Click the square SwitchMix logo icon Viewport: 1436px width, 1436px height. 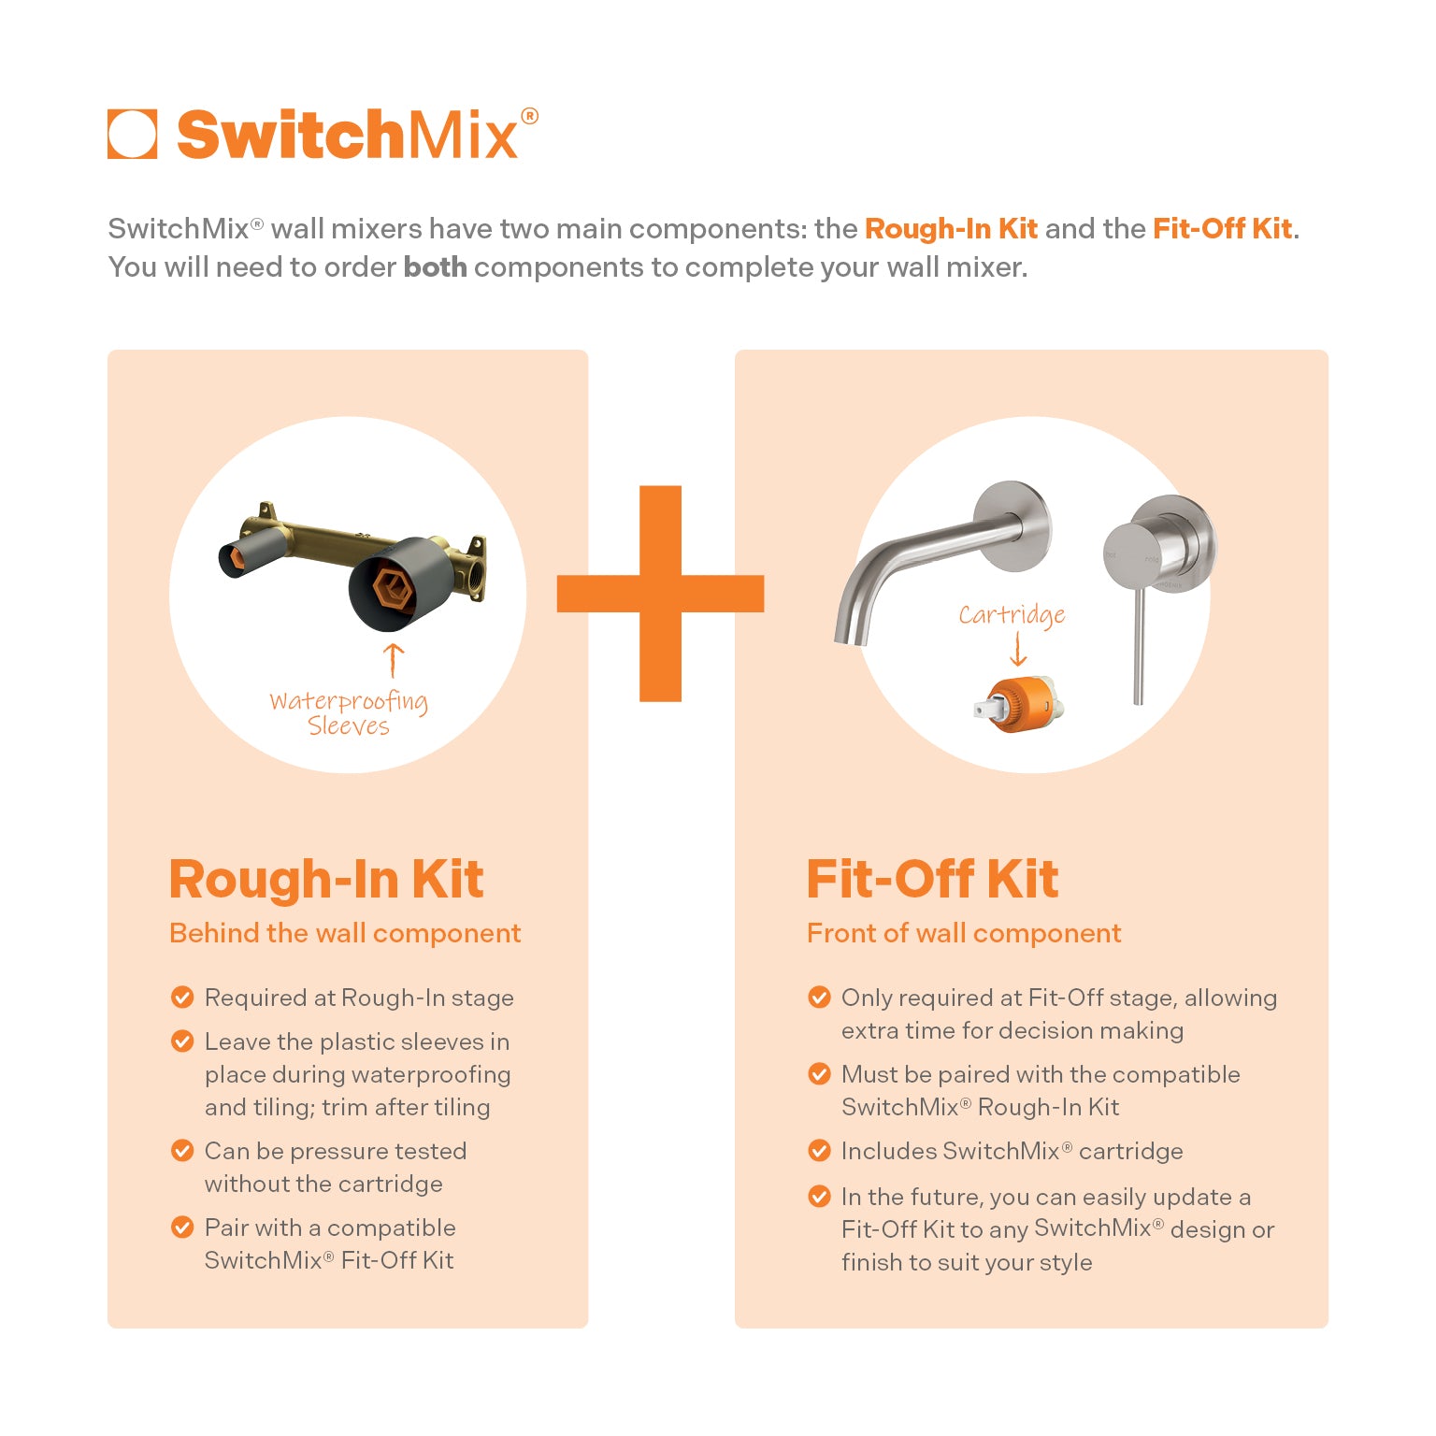132,135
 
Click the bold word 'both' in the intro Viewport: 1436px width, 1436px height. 435,267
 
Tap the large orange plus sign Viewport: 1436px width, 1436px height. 660,594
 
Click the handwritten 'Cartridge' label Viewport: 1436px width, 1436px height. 1012,615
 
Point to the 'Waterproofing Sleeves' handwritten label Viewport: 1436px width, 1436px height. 349,713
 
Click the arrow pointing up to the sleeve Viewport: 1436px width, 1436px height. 394,659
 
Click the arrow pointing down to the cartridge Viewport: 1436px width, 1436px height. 1018,649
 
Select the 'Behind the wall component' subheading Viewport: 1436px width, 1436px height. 345,933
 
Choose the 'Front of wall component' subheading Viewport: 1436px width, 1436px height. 964,933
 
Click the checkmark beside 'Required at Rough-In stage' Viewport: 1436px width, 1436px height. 182,998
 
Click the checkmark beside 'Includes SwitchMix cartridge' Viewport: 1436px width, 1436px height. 819,1151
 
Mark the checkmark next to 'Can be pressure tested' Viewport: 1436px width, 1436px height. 182,1151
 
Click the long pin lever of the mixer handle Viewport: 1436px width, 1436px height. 1138,645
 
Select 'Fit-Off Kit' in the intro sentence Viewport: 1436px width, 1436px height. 1222,229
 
